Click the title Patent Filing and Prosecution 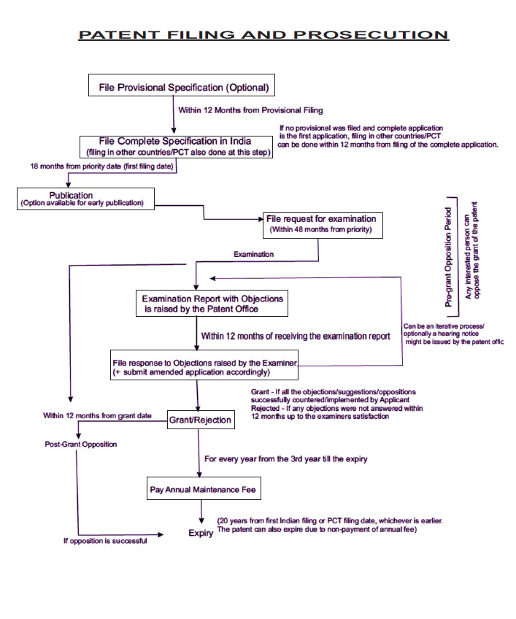pos(263,35)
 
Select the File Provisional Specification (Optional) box pos(181,87)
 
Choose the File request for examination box pos(322,224)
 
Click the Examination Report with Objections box pos(212,304)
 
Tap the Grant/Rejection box pos(200,420)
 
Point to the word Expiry pos(201,534)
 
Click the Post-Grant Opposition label pos(80,444)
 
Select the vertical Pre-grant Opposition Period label pos(449,248)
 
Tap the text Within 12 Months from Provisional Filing pos(250,110)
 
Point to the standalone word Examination pos(253,254)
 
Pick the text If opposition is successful pos(104,541)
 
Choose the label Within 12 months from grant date pos(97,415)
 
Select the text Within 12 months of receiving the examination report pos(296,337)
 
